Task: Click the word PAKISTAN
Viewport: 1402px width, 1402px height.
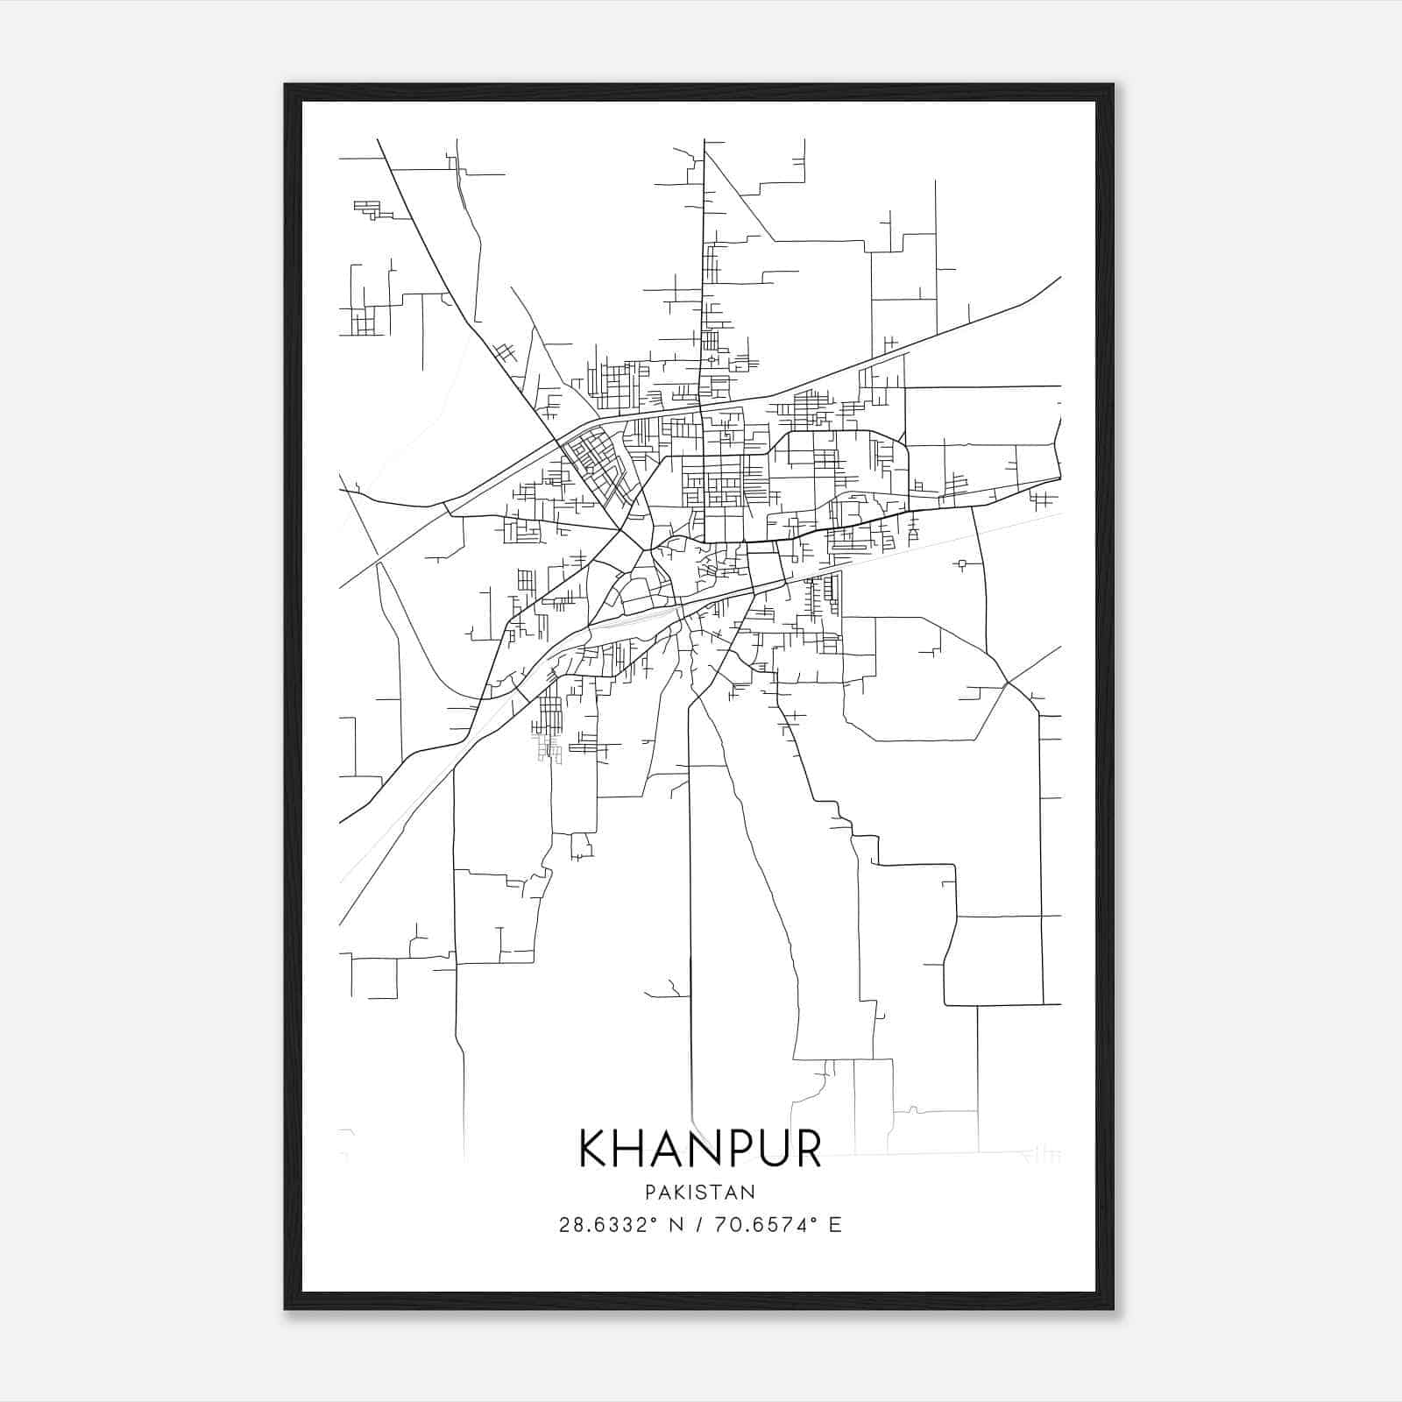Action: pyautogui.click(x=700, y=1192)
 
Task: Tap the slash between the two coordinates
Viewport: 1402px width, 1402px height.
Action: pyautogui.click(x=701, y=1225)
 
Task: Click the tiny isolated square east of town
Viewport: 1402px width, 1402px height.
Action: pyautogui.click(x=963, y=563)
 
